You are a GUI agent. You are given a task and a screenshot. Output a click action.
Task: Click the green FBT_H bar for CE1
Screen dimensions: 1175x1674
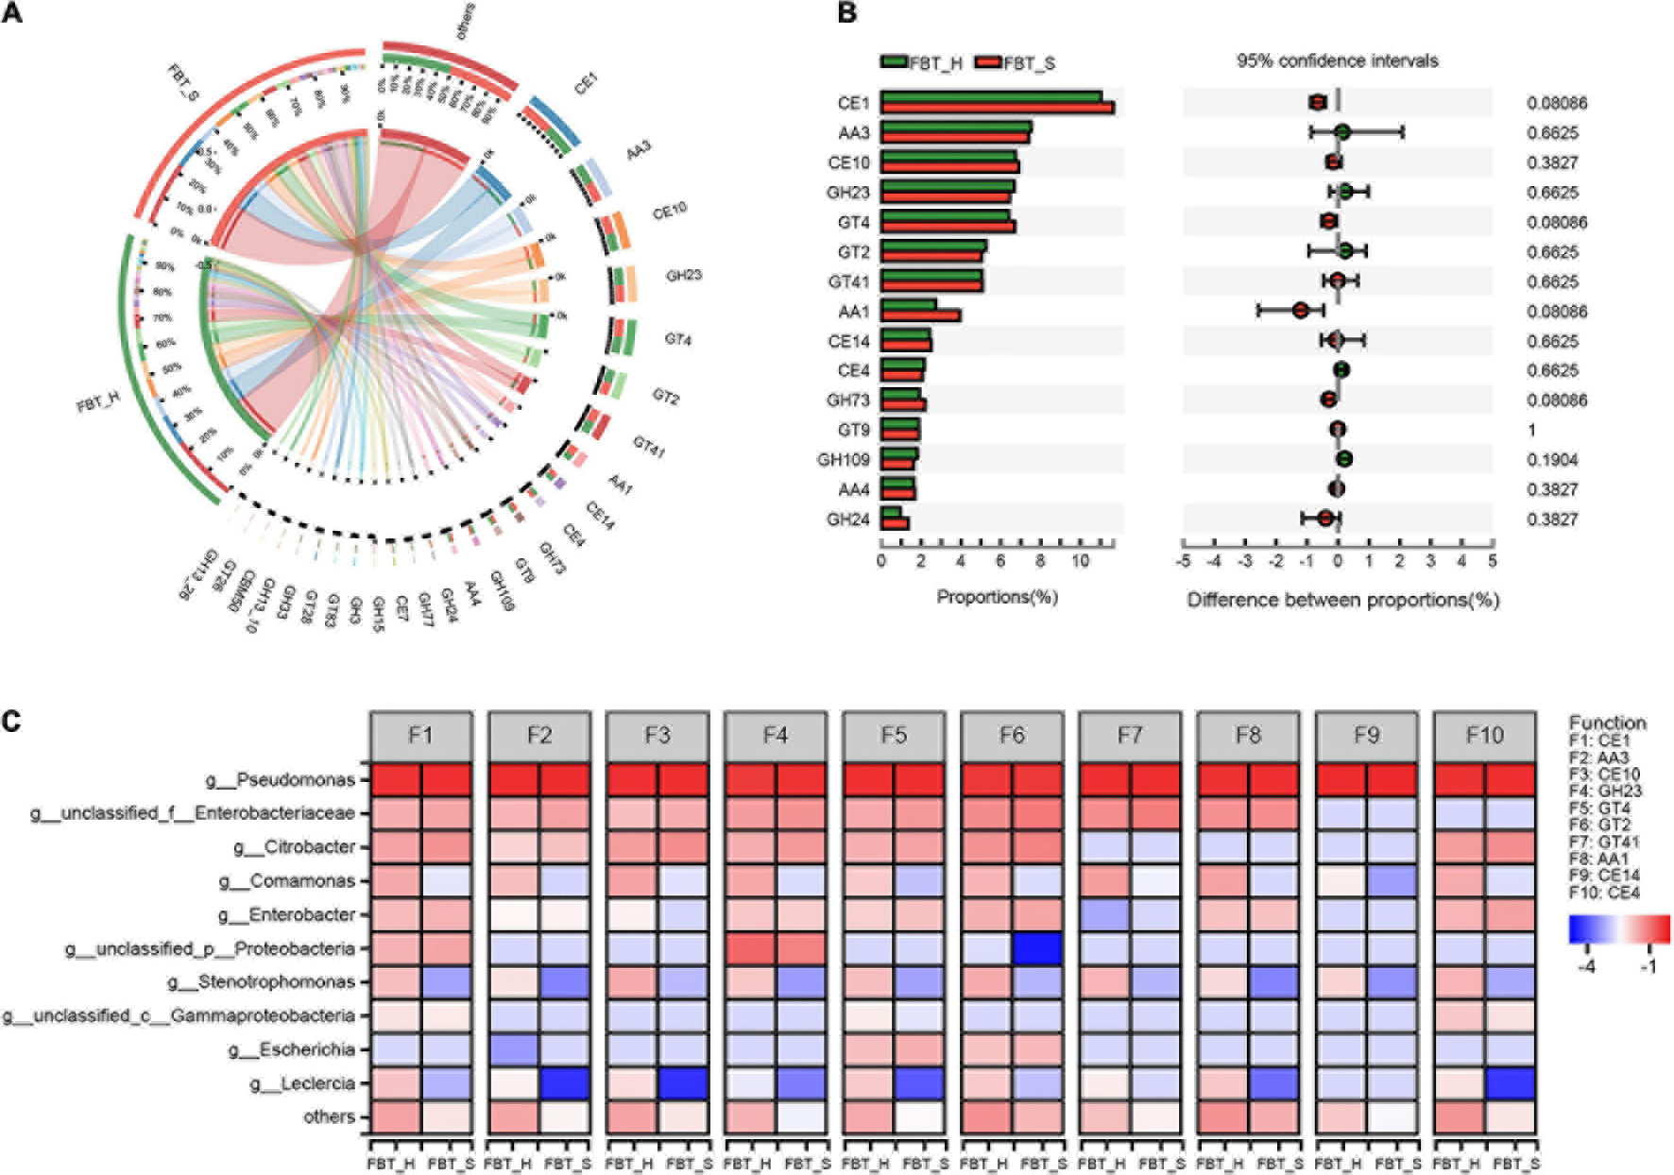[x=991, y=96]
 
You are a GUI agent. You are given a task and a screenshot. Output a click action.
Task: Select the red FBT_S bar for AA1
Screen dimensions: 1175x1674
[x=920, y=315]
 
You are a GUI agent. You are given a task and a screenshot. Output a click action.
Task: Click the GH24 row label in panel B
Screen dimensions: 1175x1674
[x=847, y=519]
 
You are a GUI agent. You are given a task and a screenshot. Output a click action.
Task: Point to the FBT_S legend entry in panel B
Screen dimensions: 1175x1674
[x=1015, y=63]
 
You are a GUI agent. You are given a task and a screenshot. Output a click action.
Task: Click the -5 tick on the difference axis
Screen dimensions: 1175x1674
[x=1184, y=561]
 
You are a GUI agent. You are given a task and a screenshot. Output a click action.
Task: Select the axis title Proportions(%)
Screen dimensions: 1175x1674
[x=997, y=597]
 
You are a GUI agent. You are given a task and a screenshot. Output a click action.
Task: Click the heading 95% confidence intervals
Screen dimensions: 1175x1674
[x=1337, y=60]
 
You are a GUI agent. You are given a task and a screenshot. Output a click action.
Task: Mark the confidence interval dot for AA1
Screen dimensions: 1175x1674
[x=1301, y=310]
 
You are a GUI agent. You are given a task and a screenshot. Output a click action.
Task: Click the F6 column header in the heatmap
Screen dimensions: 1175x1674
[x=1011, y=735]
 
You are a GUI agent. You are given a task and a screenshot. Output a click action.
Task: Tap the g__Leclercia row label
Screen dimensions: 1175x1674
[x=302, y=1083]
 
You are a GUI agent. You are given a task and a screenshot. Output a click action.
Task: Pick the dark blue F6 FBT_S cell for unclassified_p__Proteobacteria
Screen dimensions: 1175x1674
[x=1036, y=948]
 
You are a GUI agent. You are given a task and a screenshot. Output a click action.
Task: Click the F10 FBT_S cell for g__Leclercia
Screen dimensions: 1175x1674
[x=1510, y=1083]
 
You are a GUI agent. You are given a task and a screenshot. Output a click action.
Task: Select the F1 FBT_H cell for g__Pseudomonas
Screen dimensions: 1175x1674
[x=395, y=780]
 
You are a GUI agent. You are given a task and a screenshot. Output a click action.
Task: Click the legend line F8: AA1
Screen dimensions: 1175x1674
[x=1598, y=859]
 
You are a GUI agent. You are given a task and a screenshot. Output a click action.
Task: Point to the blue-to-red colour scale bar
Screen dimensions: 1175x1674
[x=1618, y=928]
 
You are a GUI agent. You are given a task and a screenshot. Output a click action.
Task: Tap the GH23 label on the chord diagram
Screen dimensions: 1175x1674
[x=683, y=276]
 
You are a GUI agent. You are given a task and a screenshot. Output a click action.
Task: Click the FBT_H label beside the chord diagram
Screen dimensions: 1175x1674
[x=98, y=401]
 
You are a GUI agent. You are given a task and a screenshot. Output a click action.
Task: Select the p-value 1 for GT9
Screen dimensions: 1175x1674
[x=1531, y=431]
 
